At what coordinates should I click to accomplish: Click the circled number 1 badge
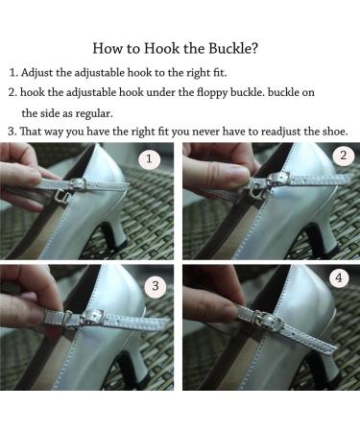coord(149,159)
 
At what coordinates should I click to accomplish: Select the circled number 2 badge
coord(344,156)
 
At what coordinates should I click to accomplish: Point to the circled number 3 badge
coord(156,286)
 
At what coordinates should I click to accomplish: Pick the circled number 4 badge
coord(339,278)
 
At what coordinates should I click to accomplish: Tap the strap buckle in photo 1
coord(78,184)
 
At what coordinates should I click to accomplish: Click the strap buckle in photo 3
coord(94,317)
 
